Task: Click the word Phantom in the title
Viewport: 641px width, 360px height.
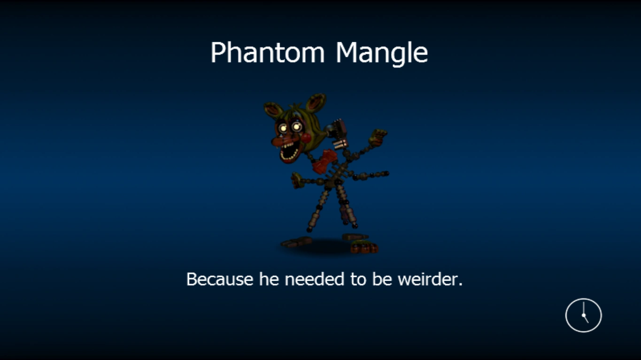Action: [268, 52]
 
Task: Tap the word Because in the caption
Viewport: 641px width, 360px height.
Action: [220, 279]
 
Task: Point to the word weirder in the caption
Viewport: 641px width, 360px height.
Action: [430, 279]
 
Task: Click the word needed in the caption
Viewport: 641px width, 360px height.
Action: [315, 279]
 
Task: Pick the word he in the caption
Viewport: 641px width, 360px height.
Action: [269, 279]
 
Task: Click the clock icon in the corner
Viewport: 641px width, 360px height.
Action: [584, 315]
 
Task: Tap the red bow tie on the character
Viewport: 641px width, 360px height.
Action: [325, 161]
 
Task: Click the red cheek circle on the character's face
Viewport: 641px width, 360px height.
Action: [306, 138]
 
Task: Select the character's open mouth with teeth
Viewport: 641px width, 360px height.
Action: [290, 152]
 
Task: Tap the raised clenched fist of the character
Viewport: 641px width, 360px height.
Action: [378, 137]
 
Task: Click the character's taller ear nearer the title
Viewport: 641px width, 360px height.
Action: [316, 102]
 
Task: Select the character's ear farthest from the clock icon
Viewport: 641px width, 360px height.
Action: [272, 109]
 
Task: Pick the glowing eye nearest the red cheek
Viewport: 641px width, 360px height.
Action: [296, 126]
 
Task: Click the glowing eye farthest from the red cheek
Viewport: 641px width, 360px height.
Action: [283, 128]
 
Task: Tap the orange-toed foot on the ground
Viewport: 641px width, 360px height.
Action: [364, 247]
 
